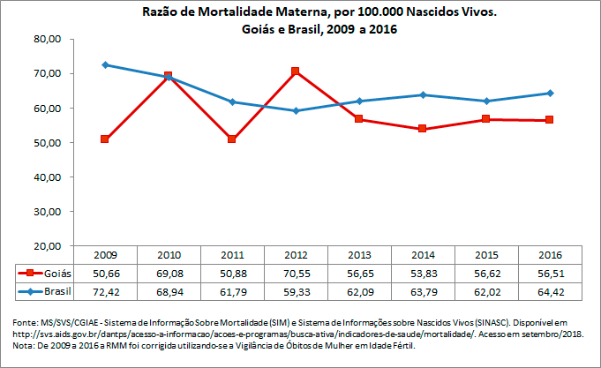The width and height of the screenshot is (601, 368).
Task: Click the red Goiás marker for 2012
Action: (296, 71)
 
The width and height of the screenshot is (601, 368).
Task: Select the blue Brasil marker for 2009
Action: (105, 65)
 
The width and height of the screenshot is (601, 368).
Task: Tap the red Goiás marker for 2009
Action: (105, 139)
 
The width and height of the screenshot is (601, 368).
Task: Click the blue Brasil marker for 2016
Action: (550, 93)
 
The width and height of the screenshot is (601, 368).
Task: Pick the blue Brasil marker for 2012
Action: (296, 110)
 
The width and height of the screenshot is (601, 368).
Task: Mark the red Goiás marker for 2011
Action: (232, 139)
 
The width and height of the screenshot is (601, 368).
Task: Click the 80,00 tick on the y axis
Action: (44, 40)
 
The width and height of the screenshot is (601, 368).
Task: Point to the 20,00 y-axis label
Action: (44, 245)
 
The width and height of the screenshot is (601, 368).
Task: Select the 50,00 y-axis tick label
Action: (44, 143)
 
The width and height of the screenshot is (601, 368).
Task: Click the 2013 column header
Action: (359, 255)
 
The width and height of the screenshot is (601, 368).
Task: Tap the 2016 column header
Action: (550, 255)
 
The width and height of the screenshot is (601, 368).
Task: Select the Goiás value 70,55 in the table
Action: (296, 274)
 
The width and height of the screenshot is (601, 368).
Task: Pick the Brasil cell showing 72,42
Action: (105, 290)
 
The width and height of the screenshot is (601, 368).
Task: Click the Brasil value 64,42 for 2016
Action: (550, 290)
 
